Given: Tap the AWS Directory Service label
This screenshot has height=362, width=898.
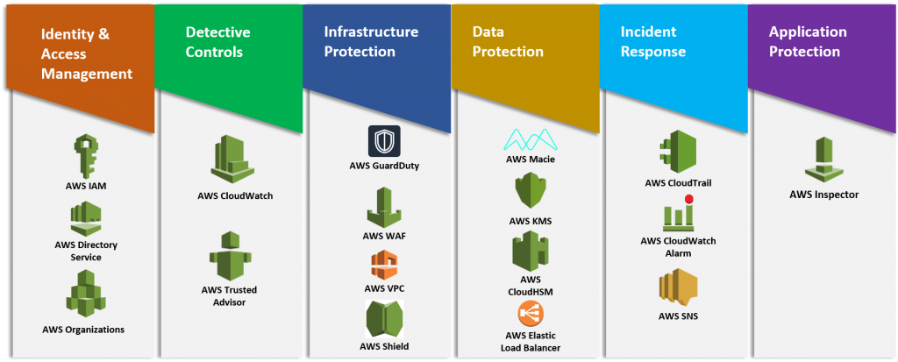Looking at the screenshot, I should (x=86, y=251).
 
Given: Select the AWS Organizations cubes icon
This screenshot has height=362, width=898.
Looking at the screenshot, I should (x=85, y=294).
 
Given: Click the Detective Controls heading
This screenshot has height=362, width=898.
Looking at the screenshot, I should (x=217, y=42).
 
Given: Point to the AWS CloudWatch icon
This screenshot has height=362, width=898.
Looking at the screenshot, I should (x=234, y=159).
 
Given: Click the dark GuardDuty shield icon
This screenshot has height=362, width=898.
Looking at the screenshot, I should (x=383, y=141).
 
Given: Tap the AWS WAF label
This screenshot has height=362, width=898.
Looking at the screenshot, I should (x=384, y=236).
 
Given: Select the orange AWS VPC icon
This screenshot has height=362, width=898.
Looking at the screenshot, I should (x=384, y=265).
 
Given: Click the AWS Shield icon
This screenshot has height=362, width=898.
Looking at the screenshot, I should (x=384, y=319).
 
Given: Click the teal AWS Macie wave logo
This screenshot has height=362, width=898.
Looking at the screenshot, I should (x=531, y=139).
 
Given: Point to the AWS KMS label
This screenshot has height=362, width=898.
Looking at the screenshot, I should (x=531, y=221).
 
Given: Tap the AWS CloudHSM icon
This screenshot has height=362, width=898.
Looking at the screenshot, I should (x=531, y=251).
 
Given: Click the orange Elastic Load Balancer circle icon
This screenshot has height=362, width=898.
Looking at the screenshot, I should (x=531, y=314).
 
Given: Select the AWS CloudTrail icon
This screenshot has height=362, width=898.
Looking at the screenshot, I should (x=677, y=153).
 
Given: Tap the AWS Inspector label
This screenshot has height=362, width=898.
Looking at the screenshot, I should (x=823, y=195).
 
